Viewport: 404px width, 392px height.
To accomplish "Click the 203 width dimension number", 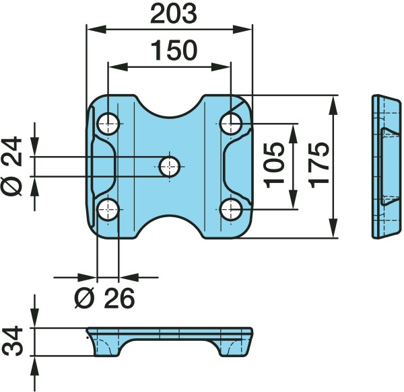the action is pos(174,14).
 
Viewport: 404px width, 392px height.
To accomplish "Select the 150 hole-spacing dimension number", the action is pos(174,50).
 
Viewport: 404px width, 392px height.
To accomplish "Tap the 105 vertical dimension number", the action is pos(275,165).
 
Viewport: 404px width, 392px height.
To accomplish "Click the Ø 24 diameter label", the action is pos(11,165).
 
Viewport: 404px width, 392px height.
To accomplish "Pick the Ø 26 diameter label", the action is pos(104,298).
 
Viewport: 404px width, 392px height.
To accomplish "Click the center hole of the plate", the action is pos(169,167).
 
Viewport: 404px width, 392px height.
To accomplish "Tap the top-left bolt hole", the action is pos(108,124).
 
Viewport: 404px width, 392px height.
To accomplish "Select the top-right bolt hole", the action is pos(231,124).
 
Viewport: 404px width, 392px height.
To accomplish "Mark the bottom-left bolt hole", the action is pos(108,210).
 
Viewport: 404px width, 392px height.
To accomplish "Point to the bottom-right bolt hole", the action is pos(231,210).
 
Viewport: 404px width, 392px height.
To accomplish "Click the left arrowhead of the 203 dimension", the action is pos(96,30).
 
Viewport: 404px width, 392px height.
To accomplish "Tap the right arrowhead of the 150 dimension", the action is pos(221,67).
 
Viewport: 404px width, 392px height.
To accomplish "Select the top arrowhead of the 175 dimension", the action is pos(333,105).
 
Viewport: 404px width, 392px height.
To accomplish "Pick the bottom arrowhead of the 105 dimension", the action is pos(293,200).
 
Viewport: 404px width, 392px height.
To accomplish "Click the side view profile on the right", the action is pos(386,167).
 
